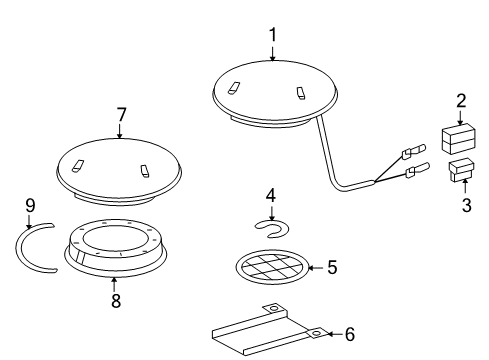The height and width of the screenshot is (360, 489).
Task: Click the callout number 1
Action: tap(271, 35)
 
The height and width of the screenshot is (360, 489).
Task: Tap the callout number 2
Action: tap(461, 100)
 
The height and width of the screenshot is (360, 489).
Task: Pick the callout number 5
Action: tap(334, 267)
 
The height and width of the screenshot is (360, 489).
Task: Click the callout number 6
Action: tap(349, 334)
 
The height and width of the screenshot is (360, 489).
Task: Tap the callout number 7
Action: tap(121, 115)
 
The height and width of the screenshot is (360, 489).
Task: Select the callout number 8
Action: tap(116, 301)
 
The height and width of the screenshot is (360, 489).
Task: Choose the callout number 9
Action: tap(30, 207)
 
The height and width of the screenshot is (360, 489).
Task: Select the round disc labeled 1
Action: tap(275, 92)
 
